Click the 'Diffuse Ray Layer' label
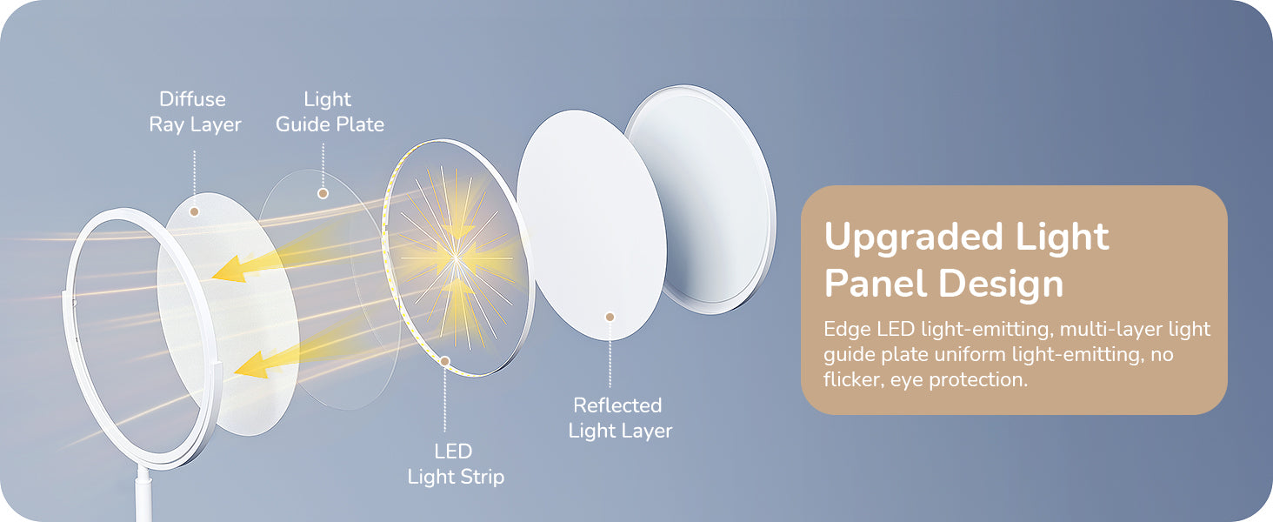(x=195, y=112)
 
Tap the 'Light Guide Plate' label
(x=330, y=112)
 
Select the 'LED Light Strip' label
(x=456, y=464)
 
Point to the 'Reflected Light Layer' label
(x=620, y=418)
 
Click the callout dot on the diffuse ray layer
(x=195, y=211)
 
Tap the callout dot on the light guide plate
(x=323, y=193)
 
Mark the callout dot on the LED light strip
(x=445, y=361)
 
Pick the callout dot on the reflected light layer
(x=610, y=317)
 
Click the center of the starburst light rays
(x=456, y=258)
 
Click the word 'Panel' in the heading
(x=875, y=283)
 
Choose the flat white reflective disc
(x=591, y=225)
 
